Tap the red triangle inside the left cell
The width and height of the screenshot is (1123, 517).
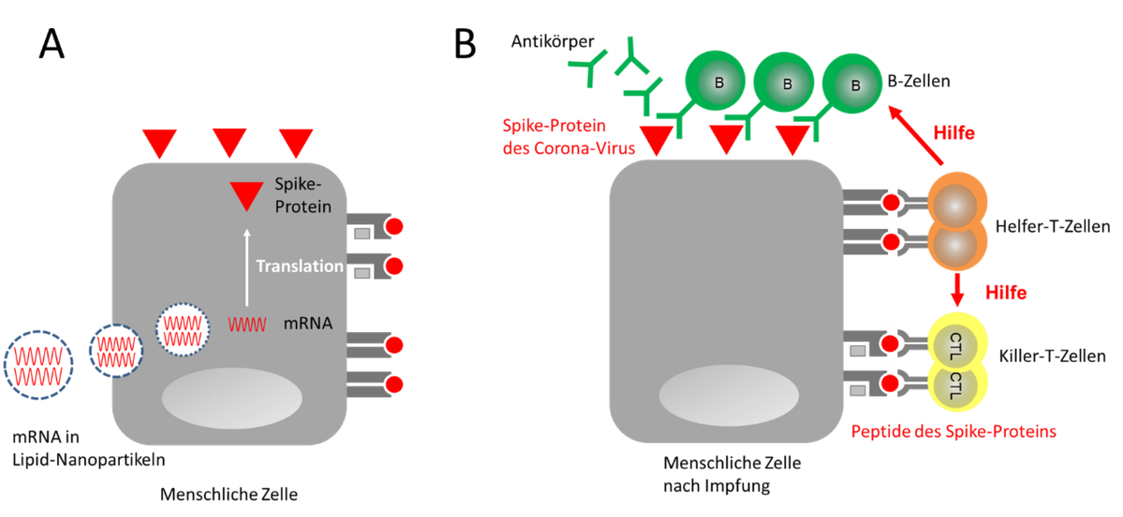click(247, 195)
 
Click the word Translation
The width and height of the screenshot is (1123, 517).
click(299, 266)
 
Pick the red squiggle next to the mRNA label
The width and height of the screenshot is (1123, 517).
click(247, 325)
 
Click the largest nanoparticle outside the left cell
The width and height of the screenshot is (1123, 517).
click(37, 365)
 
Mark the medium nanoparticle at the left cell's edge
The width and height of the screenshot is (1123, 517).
click(115, 351)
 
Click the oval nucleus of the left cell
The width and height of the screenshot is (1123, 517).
click(232, 397)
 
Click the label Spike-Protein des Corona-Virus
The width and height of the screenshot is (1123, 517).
click(569, 136)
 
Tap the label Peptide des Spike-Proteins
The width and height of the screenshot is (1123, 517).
click(953, 432)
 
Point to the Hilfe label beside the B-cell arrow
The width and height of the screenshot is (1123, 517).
click(955, 135)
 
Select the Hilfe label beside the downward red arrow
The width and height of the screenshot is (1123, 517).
click(1006, 293)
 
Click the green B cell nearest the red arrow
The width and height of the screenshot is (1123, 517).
click(854, 84)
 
